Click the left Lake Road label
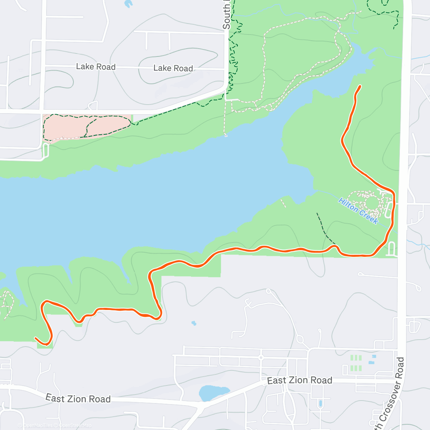(96, 67)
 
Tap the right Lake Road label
(173, 68)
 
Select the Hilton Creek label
(358, 211)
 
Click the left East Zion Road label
(78, 398)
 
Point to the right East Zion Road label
(300, 380)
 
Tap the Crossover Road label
(390, 394)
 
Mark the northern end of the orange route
(360, 86)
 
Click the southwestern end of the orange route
(35, 338)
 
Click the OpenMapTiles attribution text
(38, 425)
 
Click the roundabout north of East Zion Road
(261, 357)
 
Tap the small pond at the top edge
(128, 4)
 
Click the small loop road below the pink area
(46, 150)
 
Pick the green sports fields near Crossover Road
(355, 363)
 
